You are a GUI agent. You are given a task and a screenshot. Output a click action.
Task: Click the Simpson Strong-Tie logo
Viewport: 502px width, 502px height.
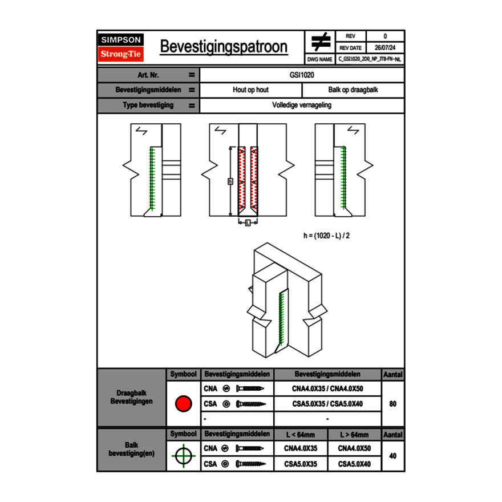122,47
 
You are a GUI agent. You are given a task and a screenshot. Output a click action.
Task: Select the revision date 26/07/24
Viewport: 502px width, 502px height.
385,48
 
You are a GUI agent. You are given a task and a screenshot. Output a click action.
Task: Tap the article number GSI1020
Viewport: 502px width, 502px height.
302,75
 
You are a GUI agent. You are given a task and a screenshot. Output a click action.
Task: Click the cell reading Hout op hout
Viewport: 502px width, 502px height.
250,90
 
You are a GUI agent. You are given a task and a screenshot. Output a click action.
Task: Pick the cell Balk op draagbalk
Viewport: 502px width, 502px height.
353,90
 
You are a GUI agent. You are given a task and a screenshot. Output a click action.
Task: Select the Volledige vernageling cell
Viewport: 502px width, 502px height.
302,106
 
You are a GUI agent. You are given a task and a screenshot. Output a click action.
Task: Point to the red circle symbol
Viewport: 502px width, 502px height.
183,404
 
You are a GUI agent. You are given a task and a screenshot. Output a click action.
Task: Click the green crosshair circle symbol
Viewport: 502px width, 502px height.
183,456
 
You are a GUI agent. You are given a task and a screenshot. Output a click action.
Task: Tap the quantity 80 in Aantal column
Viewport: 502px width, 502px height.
392,404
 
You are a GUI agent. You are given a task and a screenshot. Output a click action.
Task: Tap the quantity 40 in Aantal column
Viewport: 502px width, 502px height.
392,456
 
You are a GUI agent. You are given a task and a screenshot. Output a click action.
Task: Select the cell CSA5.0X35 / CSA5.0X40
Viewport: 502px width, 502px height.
327,404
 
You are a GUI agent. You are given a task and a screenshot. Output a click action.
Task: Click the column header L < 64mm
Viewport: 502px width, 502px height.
300,435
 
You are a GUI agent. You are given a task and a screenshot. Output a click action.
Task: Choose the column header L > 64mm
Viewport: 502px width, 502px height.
354,435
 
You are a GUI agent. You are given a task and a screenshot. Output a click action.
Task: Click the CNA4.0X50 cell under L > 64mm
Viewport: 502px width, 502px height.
354,448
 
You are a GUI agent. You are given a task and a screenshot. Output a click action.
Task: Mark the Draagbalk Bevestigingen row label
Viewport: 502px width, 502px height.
131,398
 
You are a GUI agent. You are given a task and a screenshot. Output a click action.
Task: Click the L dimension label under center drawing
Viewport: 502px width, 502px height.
248,223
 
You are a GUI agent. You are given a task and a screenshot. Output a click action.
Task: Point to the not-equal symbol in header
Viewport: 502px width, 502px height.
320,42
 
